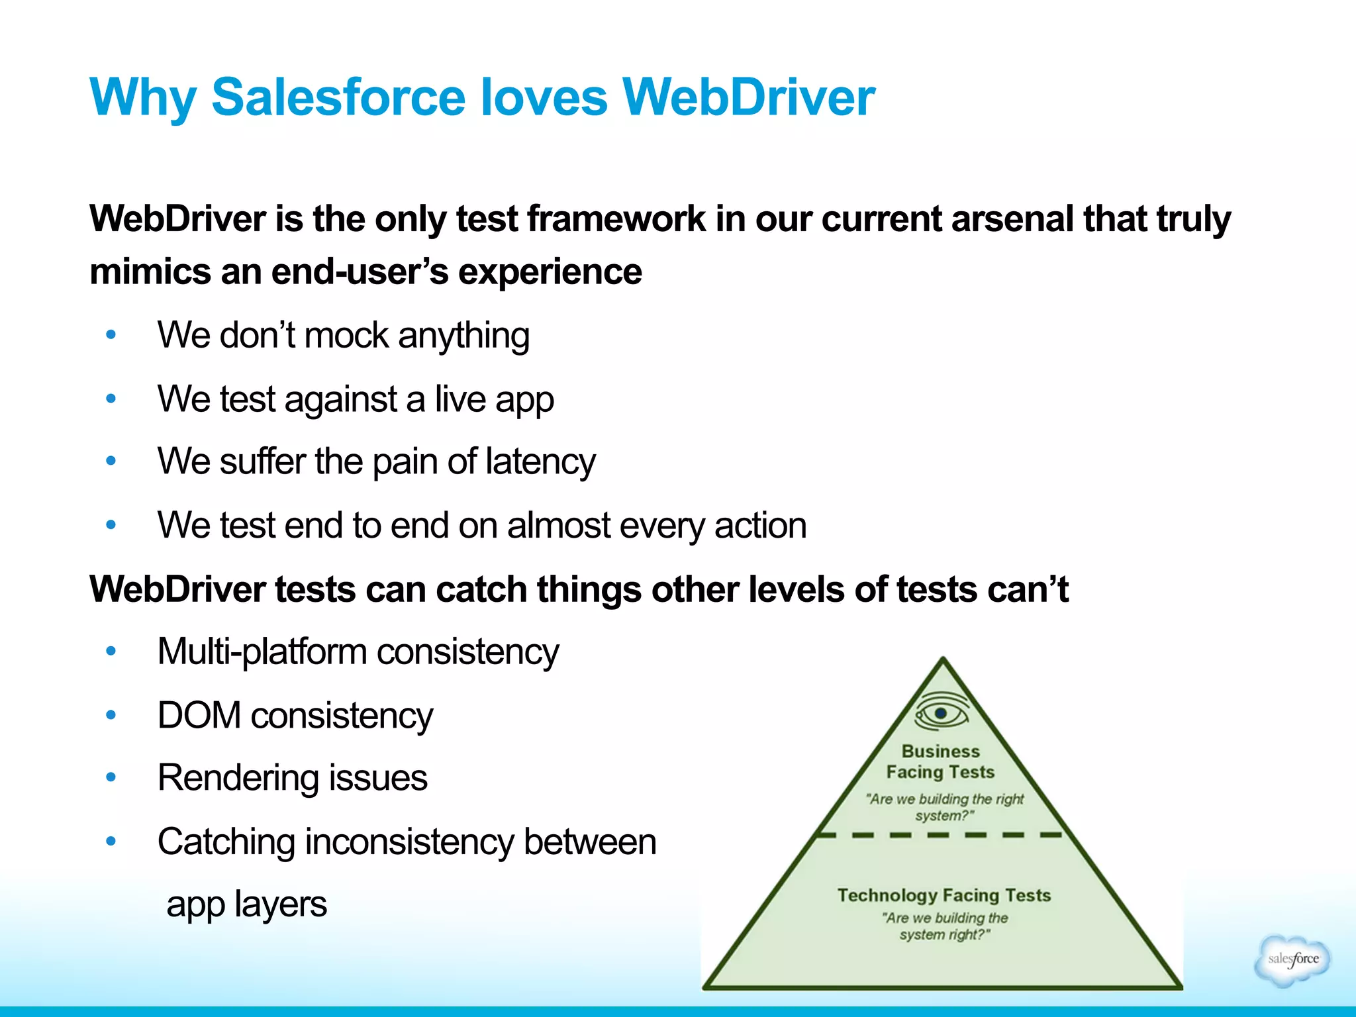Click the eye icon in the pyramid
941,712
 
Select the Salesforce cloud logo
1292,960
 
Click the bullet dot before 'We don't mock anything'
111,335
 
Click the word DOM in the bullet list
199,716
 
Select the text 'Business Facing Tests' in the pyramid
940,762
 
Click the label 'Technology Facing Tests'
944,895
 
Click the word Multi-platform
262,652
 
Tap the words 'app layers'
246,904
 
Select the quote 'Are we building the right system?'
945,807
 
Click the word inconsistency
409,842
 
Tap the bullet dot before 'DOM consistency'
111,715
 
